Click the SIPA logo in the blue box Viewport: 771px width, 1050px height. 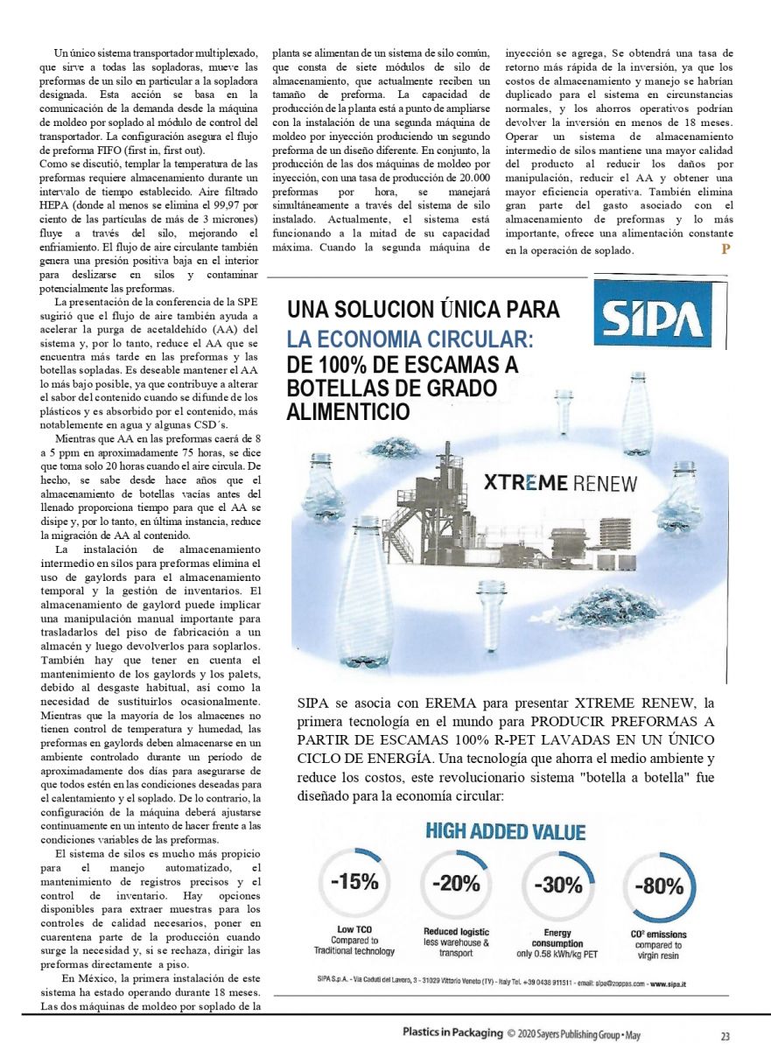[x=651, y=324]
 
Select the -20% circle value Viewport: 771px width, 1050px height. [x=456, y=883]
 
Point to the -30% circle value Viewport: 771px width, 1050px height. [x=557, y=884]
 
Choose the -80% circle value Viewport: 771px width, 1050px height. [x=658, y=885]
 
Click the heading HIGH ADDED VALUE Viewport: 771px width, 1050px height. [x=505, y=831]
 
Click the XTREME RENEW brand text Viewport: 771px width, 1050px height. [x=560, y=483]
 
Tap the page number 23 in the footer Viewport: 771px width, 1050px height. [x=725, y=1036]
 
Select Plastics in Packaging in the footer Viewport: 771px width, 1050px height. [x=452, y=1032]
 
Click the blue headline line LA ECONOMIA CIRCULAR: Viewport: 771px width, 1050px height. [x=411, y=339]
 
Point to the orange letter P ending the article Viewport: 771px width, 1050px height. [x=725, y=250]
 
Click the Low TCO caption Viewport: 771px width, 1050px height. [x=354, y=940]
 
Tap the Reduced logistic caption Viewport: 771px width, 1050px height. [x=456, y=937]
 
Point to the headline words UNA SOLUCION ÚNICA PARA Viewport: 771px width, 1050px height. [x=424, y=310]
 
